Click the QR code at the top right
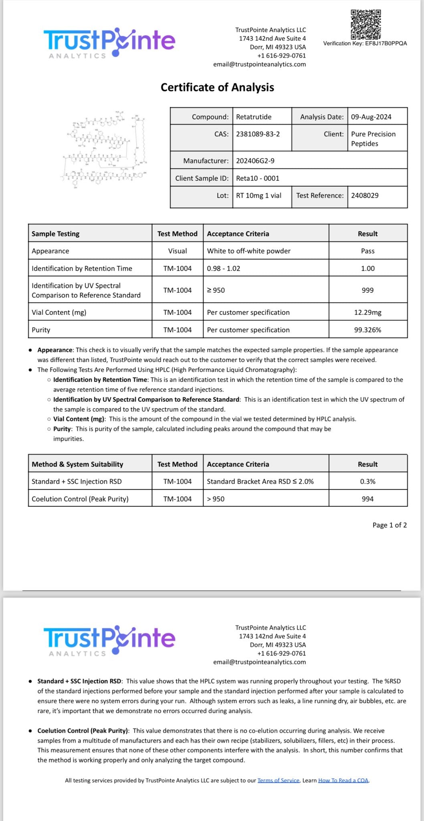[x=365, y=24]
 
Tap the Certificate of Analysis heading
[x=217, y=87]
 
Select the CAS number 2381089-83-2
[x=258, y=134]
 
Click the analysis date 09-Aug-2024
[x=371, y=117]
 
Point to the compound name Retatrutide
[x=254, y=117]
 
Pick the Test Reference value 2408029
[x=365, y=195]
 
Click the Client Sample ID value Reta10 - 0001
[x=258, y=178]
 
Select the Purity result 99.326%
[x=367, y=330]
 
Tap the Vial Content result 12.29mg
[x=367, y=312]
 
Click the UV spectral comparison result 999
[x=367, y=290]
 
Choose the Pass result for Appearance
[x=367, y=251]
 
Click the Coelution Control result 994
[x=367, y=499]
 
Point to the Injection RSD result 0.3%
[x=367, y=481]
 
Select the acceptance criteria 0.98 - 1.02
[x=223, y=269]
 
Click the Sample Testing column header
[x=56, y=234]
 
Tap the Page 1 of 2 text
[x=390, y=525]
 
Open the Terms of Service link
[x=279, y=780]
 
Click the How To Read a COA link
[x=343, y=780]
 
